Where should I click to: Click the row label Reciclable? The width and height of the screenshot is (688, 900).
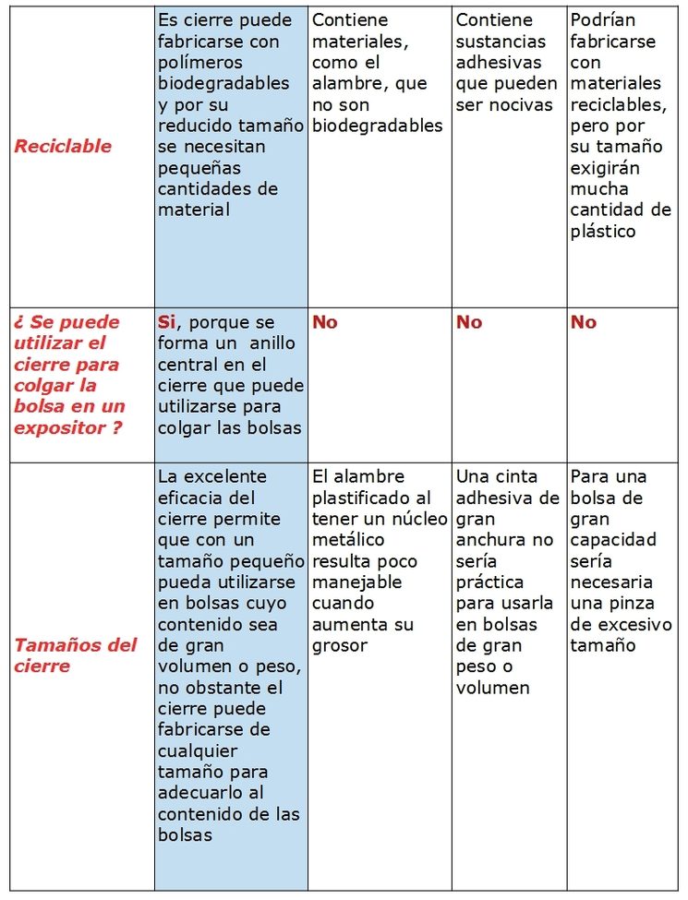pyautogui.click(x=63, y=146)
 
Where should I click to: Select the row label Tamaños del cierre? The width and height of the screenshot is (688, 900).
pyautogui.click(x=75, y=654)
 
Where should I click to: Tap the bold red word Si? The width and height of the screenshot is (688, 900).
pyautogui.click(x=166, y=322)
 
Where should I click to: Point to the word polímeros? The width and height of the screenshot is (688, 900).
pyautogui.click(x=200, y=62)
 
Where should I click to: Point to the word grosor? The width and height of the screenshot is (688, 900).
pyautogui.click(x=341, y=645)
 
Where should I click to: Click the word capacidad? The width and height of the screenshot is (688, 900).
pyautogui.click(x=612, y=540)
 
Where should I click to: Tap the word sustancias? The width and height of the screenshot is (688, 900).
pyautogui.click(x=501, y=41)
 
